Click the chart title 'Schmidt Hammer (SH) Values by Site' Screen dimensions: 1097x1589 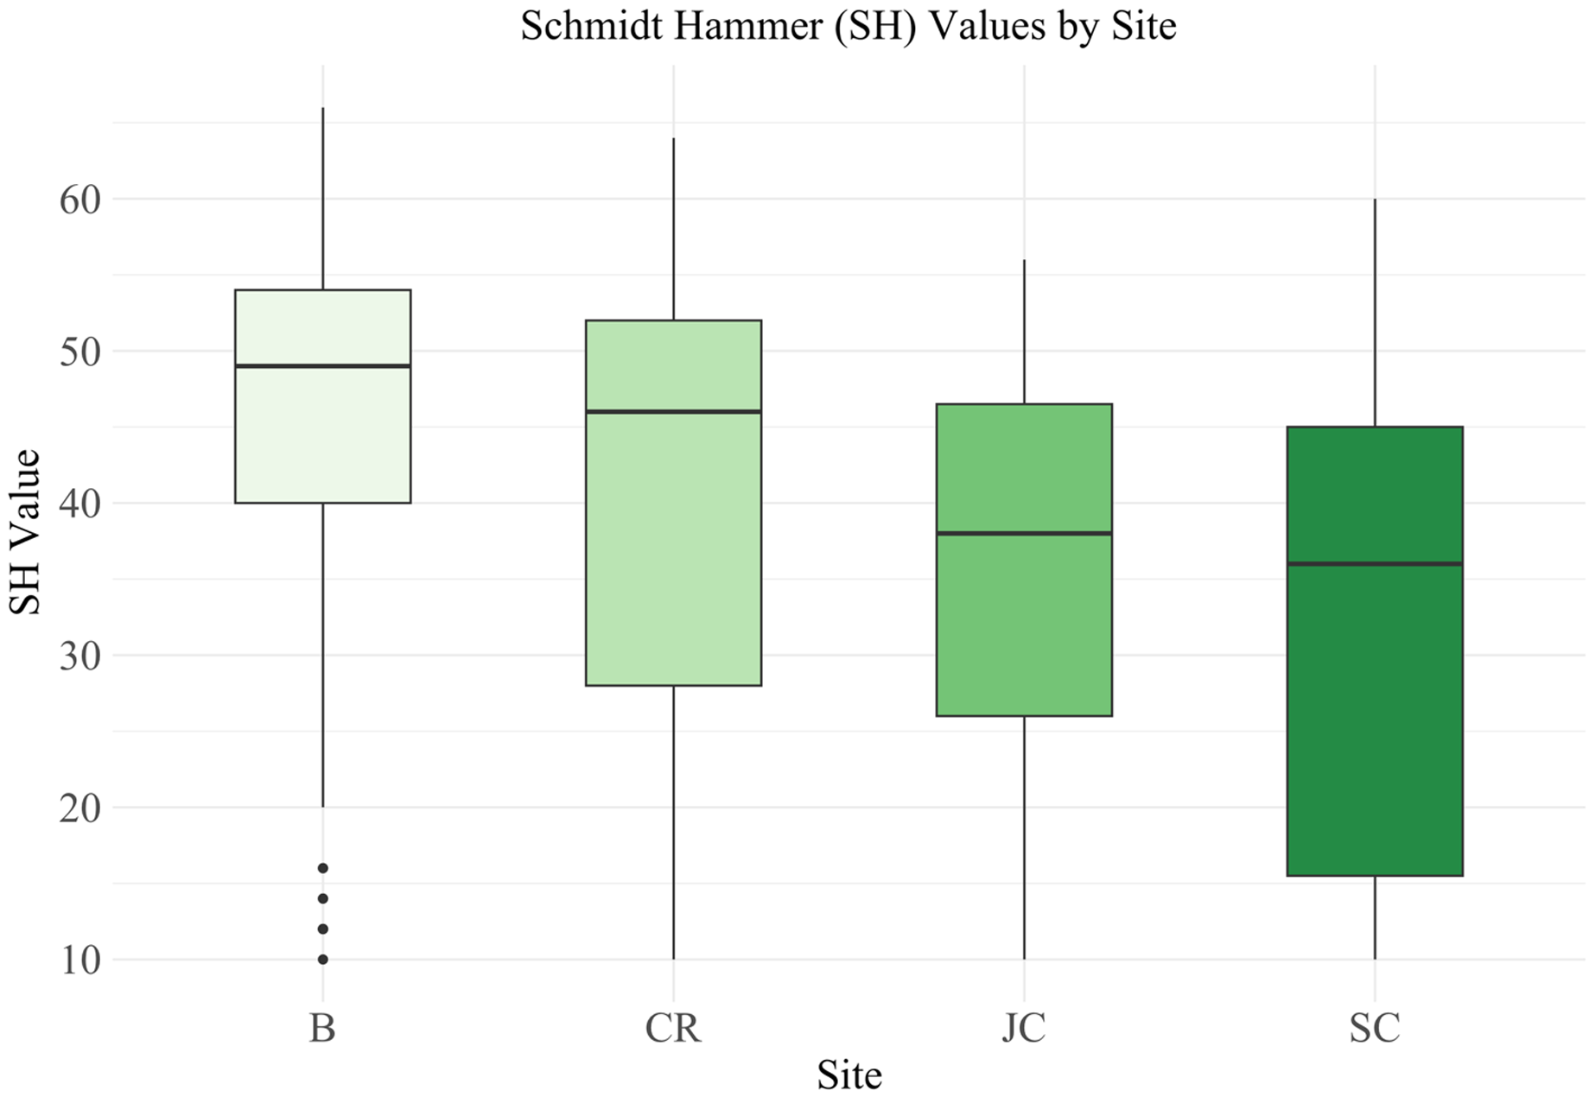848,25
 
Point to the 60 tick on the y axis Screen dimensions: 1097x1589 79,200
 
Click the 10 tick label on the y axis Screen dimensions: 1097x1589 79,960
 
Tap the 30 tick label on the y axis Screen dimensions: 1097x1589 79,656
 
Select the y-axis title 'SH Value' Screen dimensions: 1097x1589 25,532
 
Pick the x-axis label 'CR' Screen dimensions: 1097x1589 673,1028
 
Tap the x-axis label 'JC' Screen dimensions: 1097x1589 1024,1028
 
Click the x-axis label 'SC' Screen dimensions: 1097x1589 1374,1028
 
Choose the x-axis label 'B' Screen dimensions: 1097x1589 322,1028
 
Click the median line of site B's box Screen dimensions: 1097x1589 322,366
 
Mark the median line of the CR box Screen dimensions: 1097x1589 673,412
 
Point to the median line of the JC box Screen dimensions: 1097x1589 1024,534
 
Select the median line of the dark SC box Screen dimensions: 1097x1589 1374,564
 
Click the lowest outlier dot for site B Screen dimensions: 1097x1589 322,960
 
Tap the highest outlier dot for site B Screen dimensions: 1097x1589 322,868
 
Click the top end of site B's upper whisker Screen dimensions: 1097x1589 322,109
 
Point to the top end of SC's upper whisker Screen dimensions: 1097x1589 1374,200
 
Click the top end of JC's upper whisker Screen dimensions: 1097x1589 1024,261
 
